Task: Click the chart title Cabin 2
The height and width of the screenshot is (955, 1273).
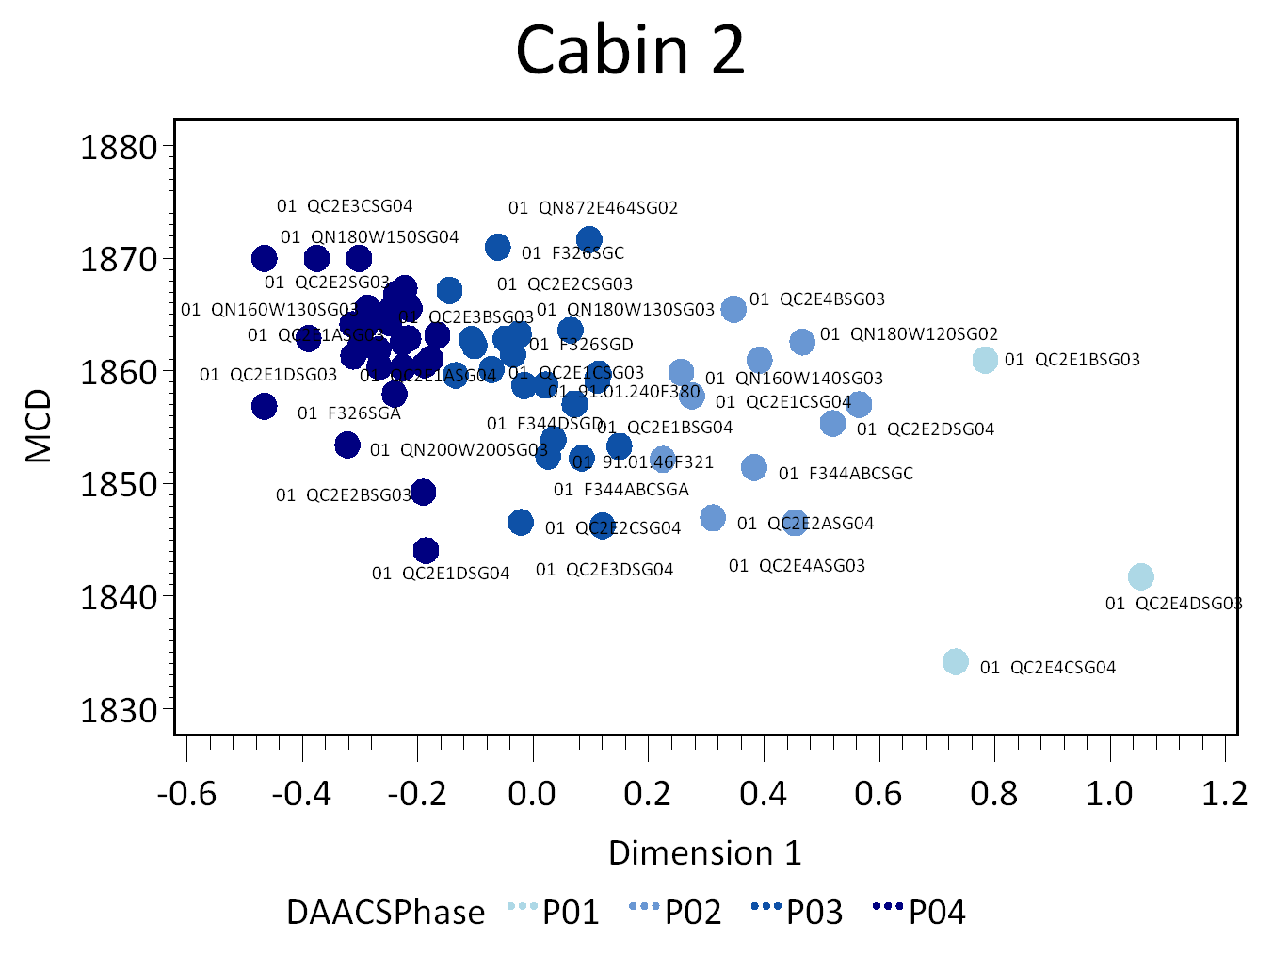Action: pyautogui.click(x=630, y=51)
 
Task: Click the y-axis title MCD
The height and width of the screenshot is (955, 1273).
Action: pyautogui.click(x=40, y=427)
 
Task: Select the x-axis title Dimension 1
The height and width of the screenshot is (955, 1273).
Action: pyautogui.click(x=704, y=853)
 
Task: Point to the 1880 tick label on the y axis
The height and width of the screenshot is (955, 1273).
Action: pyautogui.click(x=119, y=148)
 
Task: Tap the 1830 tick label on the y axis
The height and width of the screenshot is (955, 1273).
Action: pyautogui.click(x=119, y=710)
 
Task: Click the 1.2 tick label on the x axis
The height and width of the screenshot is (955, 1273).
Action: pyautogui.click(x=1224, y=794)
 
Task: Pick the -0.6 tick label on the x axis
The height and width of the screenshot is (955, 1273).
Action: pyautogui.click(x=186, y=794)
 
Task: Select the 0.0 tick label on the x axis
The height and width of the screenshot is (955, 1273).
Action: pyautogui.click(x=532, y=794)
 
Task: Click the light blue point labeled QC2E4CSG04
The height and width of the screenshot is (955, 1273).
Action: pyautogui.click(x=955, y=662)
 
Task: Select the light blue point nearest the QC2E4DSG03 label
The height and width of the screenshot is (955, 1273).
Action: pyautogui.click(x=1140, y=576)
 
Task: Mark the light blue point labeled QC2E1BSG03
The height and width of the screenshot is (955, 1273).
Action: pyautogui.click(x=985, y=360)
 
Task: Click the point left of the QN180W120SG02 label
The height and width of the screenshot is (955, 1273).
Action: pyautogui.click(x=802, y=342)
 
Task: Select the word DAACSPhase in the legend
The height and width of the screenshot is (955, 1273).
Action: pyautogui.click(x=385, y=913)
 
